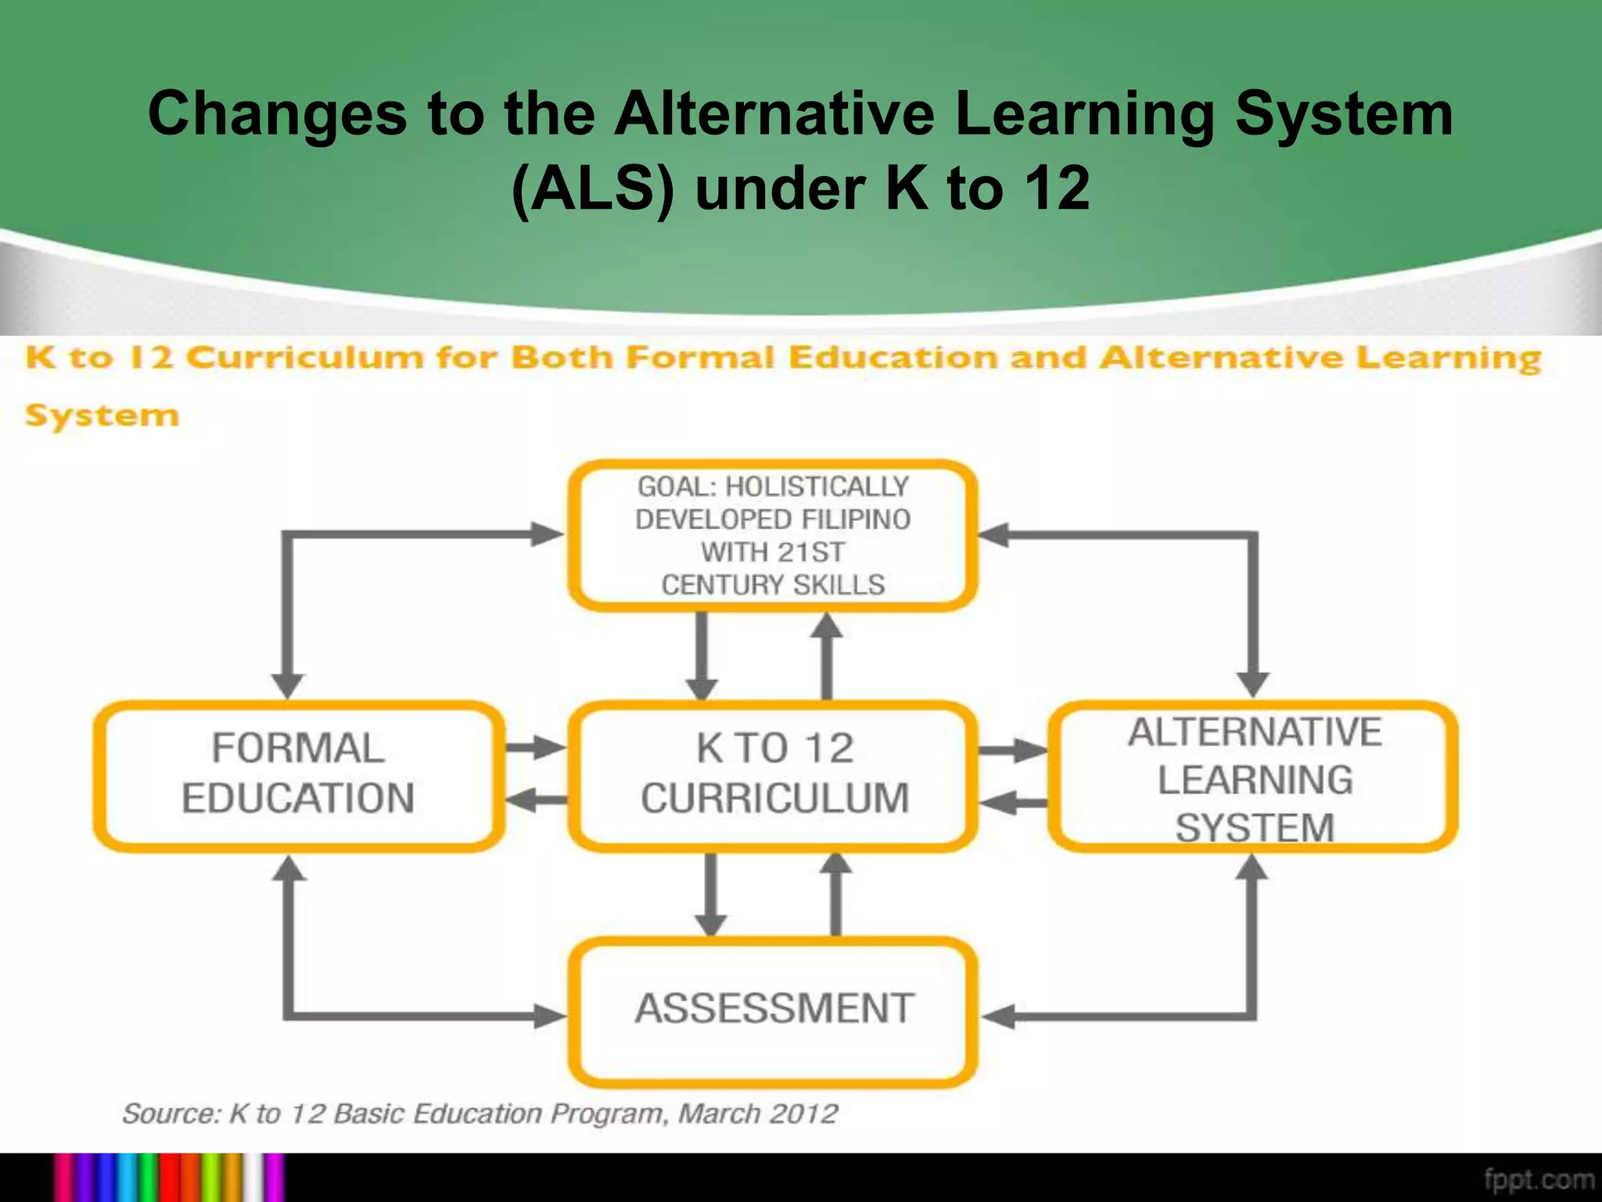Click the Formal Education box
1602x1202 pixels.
point(298,775)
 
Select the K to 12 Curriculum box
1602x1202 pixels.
point(774,775)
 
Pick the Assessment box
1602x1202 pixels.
point(774,1009)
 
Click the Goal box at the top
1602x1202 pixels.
point(773,535)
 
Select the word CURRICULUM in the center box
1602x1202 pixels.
point(775,799)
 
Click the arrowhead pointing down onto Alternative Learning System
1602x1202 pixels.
point(1253,683)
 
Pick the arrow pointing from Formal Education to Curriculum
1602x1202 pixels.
point(536,747)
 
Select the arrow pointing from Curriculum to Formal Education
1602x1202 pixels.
point(536,800)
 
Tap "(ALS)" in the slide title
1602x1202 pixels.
point(593,189)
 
